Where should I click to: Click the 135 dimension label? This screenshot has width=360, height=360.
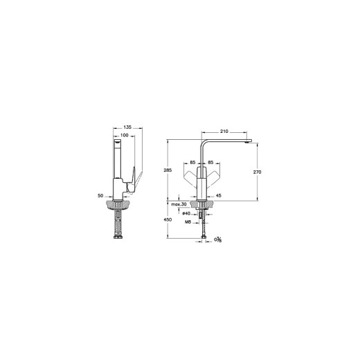(x=127, y=127)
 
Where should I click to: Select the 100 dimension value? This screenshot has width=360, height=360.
(x=125, y=135)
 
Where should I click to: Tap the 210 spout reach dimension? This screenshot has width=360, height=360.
(x=224, y=132)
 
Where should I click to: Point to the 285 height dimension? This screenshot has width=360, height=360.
(x=168, y=170)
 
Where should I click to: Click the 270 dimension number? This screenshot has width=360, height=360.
(x=257, y=172)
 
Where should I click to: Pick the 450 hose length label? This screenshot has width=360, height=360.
(x=168, y=219)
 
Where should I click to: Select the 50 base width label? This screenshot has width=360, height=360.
(x=100, y=196)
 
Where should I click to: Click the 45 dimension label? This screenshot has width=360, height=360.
(x=218, y=196)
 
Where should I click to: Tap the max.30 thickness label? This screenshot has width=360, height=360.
(x=179, y=204)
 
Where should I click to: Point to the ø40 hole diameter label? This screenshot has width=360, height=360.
(x=186, y=213)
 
